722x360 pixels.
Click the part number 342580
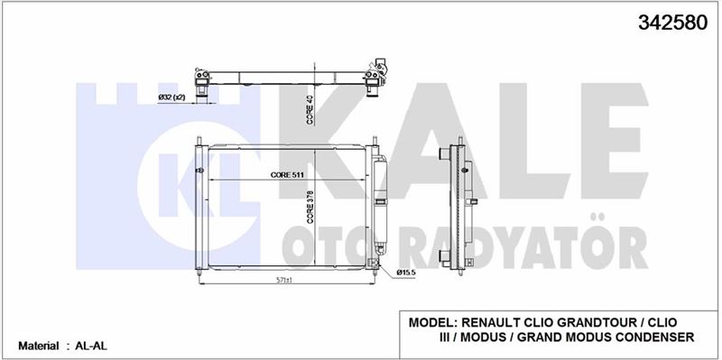[x=672, y=22]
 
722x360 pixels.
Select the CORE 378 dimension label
[x=310, y=208]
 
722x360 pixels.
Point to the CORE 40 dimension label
[x=310, y=110]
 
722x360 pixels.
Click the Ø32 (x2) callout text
[x=171, y=97]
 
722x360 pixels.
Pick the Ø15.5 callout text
[x=406, y=272]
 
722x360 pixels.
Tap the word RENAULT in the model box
[x=490, y=322]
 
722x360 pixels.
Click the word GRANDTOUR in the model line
[x=598, y=322]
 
